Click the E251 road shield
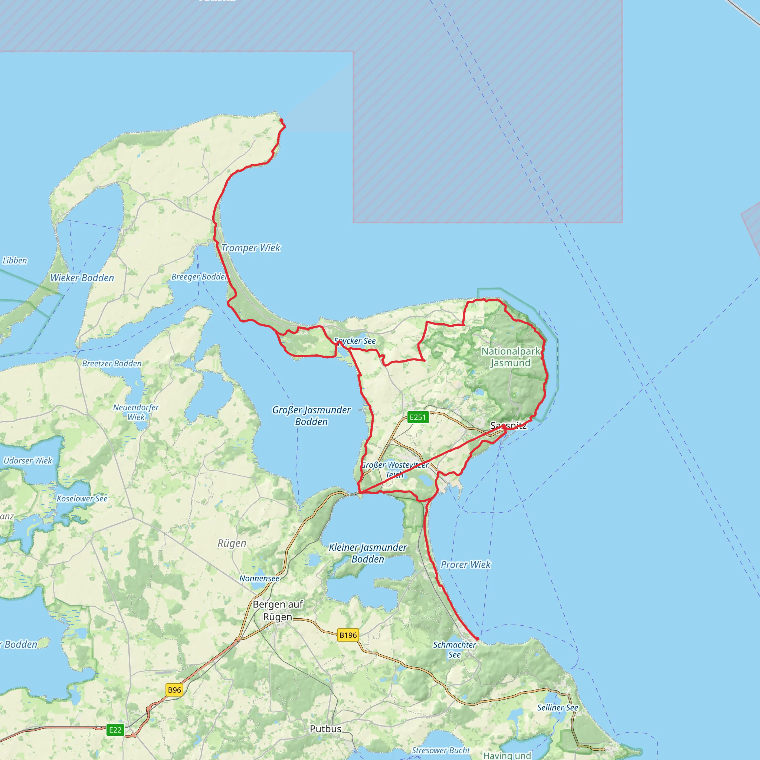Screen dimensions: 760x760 tap(418, 417)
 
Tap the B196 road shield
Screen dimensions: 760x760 tap(348, 635)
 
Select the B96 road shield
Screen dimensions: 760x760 tap(174, 690)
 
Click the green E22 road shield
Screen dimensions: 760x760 tap(115, 730)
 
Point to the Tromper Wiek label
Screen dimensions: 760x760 tap(250, 248)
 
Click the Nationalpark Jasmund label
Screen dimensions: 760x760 tap(511, 357)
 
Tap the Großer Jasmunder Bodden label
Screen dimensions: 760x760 tap(311, 416)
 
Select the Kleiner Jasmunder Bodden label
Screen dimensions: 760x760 tap(368, 553)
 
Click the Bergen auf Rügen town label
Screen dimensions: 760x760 tap(278, 610)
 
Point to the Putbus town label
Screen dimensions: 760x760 tap(326, 729)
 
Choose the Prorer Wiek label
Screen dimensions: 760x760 tap(466, 565)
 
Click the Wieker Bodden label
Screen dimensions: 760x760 tap(82, 278)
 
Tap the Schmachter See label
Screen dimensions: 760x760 tap(454, 650)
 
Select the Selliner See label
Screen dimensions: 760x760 tap(558, 708)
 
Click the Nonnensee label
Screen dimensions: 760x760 tap(260, 579)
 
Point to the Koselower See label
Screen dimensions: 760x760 tap(82, 499)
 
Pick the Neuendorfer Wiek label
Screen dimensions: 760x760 tap(136, 412)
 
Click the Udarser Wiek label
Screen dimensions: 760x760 tap(28, 461)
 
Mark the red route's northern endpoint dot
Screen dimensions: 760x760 tap(281, 120)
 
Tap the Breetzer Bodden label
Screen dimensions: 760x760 tap(112, 363)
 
